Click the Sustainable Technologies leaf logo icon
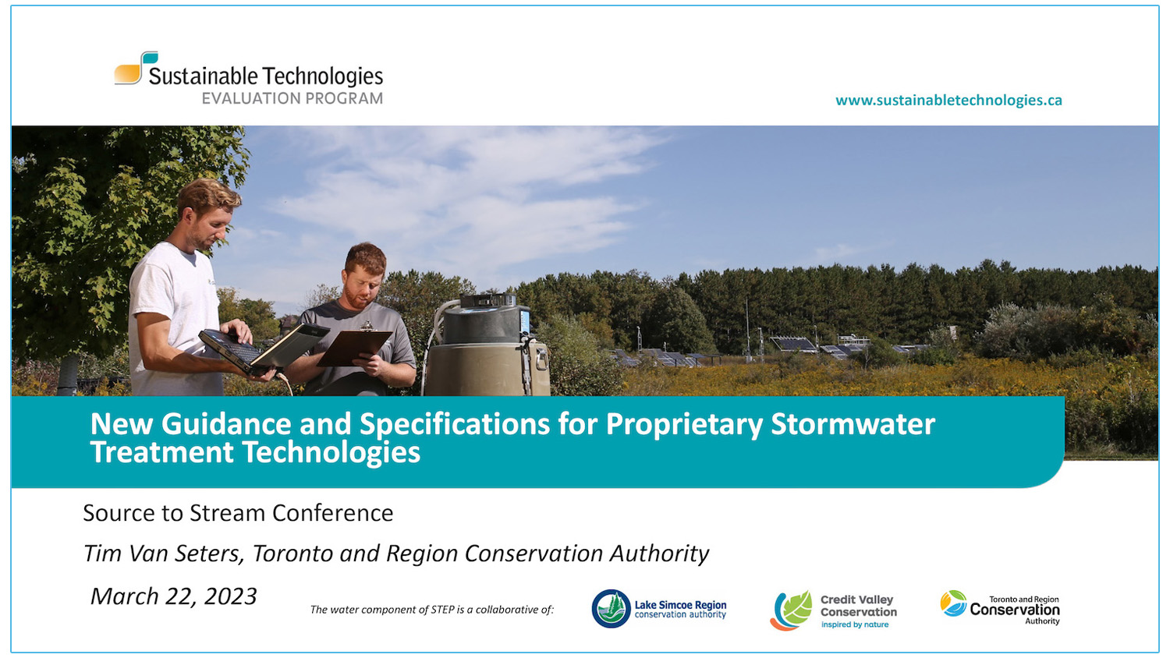pos(136,69)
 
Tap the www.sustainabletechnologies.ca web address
pos(948,101)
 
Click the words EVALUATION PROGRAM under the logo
pos(292,99)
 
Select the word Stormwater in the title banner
pos(853,425)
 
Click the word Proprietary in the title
pos(684,425)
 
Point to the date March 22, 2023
pos(173,596)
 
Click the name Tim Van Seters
pos(163,554)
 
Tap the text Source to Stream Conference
pos(238,513)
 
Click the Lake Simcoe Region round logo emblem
pos(611,609)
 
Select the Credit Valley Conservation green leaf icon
pos(796,607)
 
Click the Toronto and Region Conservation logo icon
pos(953,603)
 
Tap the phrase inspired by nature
pos(855,625)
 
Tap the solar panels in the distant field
pos(793,344)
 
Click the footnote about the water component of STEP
pos(431,610)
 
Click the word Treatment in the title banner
pos(161,453)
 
